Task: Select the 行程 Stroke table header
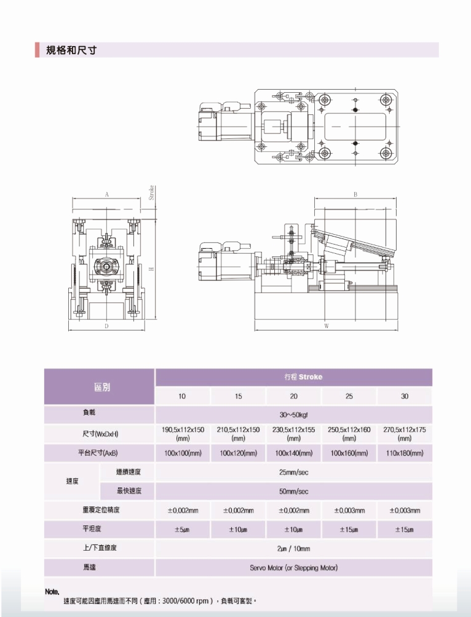(294, 377)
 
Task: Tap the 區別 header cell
(101, 387)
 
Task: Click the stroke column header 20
(294, 396)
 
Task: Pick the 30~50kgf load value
(294, 415)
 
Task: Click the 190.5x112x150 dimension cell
(183, 434)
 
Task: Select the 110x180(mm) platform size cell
(405, 453)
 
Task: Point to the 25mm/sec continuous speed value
(294, 472)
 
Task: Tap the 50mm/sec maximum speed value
(294, 491)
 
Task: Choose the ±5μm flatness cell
(183, 529)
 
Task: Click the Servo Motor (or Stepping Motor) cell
(294, 567)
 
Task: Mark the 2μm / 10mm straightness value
(294, 548)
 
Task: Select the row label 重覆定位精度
(101, 510)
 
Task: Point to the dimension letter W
(327, 326)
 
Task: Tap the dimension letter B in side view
(355, 194)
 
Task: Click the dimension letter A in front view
(106, 194)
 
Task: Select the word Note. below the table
(52, 591)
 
